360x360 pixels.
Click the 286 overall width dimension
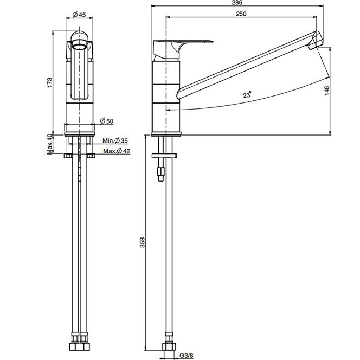pos(237,3)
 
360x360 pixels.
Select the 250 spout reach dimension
pos(241,14)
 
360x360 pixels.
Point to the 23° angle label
pos(247,94)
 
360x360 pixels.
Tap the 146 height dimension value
pos(327,91)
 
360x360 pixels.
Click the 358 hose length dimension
pos(143,242)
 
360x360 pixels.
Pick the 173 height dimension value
pos(49,82)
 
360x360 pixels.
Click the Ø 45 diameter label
pos(79,15)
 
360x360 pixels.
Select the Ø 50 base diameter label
pos(107,121)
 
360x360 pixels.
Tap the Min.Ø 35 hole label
pos(115,140)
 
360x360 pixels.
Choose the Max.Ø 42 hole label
pos(117,151)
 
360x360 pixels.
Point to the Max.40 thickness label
pos(49,144)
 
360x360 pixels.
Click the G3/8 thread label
pos(186,356)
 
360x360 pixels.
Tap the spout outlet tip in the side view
pos(313,46)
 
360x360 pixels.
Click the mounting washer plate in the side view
pos(164,156)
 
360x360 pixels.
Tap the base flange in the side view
pos(166,134)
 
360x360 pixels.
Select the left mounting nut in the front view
pos(68,156)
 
